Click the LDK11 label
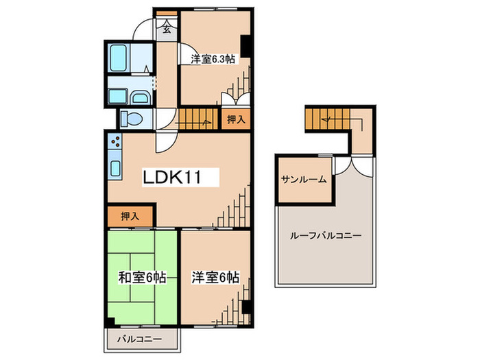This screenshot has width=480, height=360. tap(171, 178)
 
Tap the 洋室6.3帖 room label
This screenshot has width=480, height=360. tap(213, 60)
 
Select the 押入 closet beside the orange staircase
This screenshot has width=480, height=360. tap(235, 119)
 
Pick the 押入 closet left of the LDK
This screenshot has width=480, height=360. tap(130, 217)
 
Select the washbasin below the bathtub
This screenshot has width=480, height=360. tap(139, 97)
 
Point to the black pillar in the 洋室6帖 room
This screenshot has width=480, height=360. tap(245, 307)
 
